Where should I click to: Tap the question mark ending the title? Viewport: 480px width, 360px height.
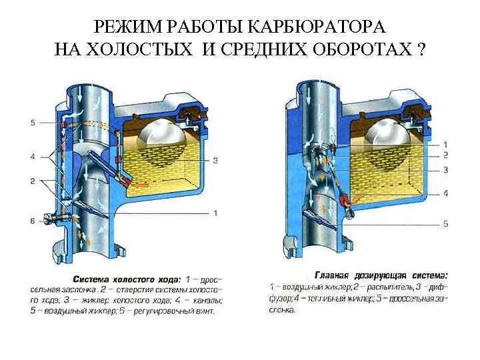pos(421,50)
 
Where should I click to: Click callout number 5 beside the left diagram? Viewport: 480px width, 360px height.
pos(33,123)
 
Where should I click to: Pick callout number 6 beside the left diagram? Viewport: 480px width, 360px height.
pos(33,221)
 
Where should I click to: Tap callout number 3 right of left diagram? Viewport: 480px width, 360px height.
pos(215,160)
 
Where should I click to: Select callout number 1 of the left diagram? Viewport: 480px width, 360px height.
pos(215,213)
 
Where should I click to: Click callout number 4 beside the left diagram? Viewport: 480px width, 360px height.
pos(33,157)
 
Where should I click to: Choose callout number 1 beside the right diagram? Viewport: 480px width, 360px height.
pos(445,144)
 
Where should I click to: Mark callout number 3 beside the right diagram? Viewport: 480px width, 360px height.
pos(445,171)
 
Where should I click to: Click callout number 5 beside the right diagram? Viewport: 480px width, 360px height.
pos(445,223)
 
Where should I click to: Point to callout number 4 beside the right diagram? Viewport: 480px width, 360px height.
pos(445,193)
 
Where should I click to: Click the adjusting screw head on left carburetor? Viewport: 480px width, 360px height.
pos(47,218)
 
